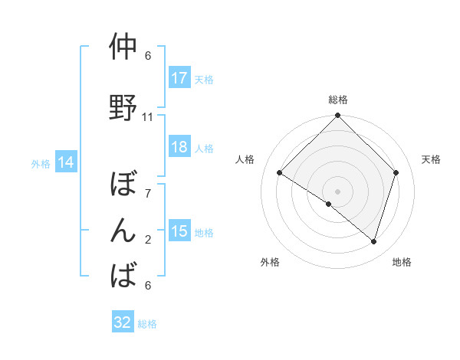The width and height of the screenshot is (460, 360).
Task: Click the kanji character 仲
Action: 123,47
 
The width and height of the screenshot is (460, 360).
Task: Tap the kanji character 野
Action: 123,109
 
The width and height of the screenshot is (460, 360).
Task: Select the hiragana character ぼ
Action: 123,185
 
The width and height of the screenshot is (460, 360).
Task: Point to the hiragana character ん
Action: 123,231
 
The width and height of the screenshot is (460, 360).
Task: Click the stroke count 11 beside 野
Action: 148,117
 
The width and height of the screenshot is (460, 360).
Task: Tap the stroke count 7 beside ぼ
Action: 148,194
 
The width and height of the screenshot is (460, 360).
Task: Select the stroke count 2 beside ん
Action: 148,240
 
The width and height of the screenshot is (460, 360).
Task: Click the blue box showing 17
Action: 179,78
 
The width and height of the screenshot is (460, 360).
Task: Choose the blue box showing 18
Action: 179,147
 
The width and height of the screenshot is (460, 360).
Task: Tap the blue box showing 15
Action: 179,231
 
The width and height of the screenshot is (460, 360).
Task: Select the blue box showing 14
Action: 66,162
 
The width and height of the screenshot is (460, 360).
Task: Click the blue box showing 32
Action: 123,322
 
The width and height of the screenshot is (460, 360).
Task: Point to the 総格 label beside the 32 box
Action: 147,324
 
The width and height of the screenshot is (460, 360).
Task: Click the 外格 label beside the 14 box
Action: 41,163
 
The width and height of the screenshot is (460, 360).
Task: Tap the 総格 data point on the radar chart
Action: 337,116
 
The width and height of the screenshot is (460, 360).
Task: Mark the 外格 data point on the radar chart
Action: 329,204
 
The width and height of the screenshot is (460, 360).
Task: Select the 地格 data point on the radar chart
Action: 373,241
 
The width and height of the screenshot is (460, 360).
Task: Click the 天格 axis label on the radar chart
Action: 431,159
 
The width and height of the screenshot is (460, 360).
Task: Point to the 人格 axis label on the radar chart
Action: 245,159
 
